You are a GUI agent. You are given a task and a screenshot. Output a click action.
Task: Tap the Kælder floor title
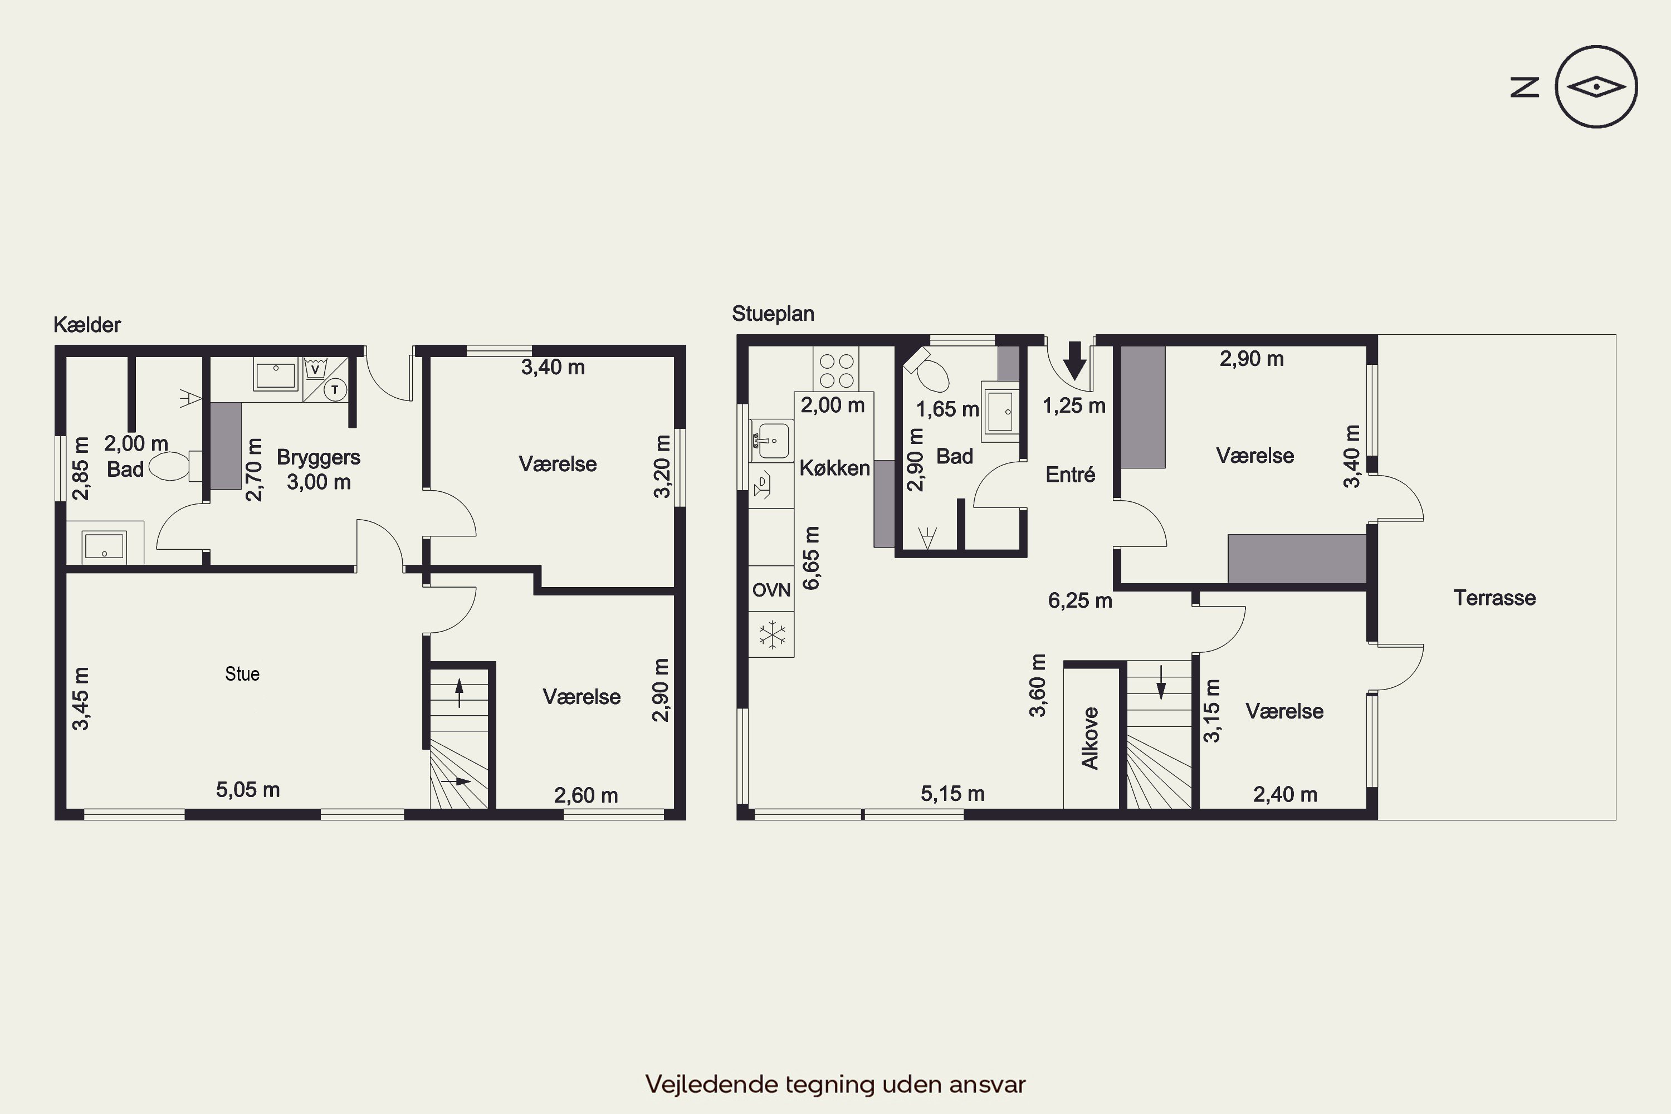pos(87,325)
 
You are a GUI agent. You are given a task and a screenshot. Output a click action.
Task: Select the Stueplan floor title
pos(773,313)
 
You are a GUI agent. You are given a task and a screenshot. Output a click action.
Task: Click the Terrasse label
pos(1494,598)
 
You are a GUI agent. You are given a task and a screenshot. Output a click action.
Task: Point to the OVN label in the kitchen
pos(771,590)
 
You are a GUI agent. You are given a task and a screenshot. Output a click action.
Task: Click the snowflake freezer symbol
pos(771,634)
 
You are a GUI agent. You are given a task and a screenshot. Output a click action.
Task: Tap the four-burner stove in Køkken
pos(836,369)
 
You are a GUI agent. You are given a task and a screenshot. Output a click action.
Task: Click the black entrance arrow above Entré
pos(1075,360)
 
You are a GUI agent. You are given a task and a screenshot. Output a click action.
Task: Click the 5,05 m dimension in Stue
pos(248,789)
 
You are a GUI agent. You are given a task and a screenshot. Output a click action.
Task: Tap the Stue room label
pos(242,673)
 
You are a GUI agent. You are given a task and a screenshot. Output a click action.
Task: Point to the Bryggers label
pos(318,457)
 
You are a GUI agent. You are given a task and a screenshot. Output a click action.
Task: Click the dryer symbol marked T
pos(335,389)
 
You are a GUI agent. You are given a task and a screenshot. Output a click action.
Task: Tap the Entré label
pos(1071,474)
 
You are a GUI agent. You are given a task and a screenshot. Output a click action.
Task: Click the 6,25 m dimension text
pos(1080,600)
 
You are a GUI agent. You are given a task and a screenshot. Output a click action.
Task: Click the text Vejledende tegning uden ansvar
pos(836,1084)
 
